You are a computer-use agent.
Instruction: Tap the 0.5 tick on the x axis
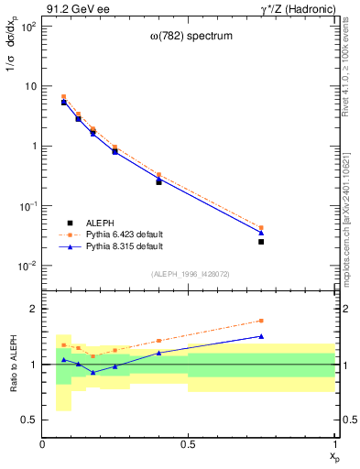(x=189, y=445)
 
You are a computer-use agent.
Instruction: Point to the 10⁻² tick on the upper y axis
(x=30, y=267)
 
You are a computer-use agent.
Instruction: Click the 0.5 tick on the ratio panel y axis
(x=32, y=420)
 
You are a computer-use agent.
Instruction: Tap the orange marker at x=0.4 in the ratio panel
(x=158, y=341)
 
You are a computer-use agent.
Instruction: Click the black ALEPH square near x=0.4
(x=158, y=182)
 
